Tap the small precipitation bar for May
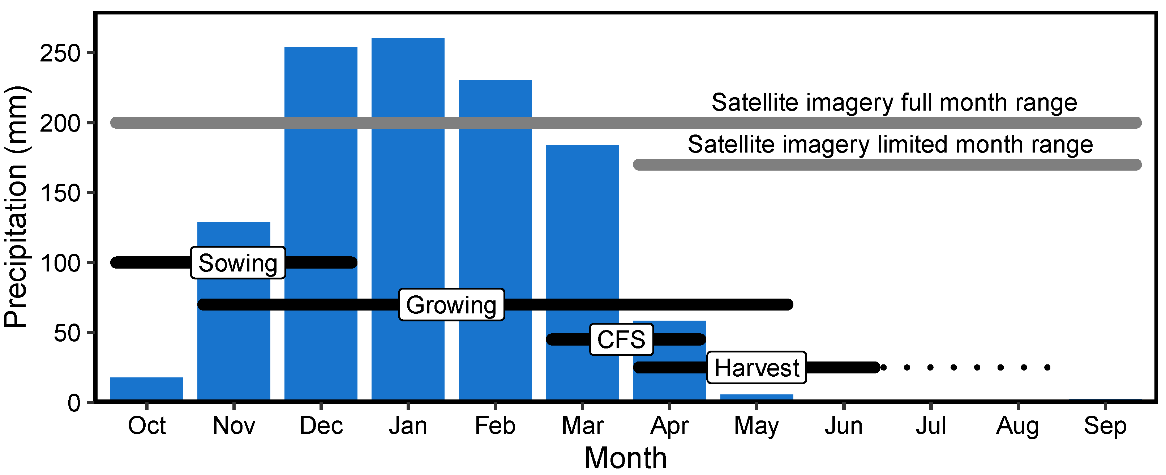tap(756, 397)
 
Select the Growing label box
tap(451, 305)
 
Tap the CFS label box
tap(621, 339)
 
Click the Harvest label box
tap(756, 368)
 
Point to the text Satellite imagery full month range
tap(894, 102)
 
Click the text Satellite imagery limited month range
tap(890, 145)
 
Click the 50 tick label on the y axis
tap(67, 334)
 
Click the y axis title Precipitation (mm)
tap(16, 206)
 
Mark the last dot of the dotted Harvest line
tap(1047, 367)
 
